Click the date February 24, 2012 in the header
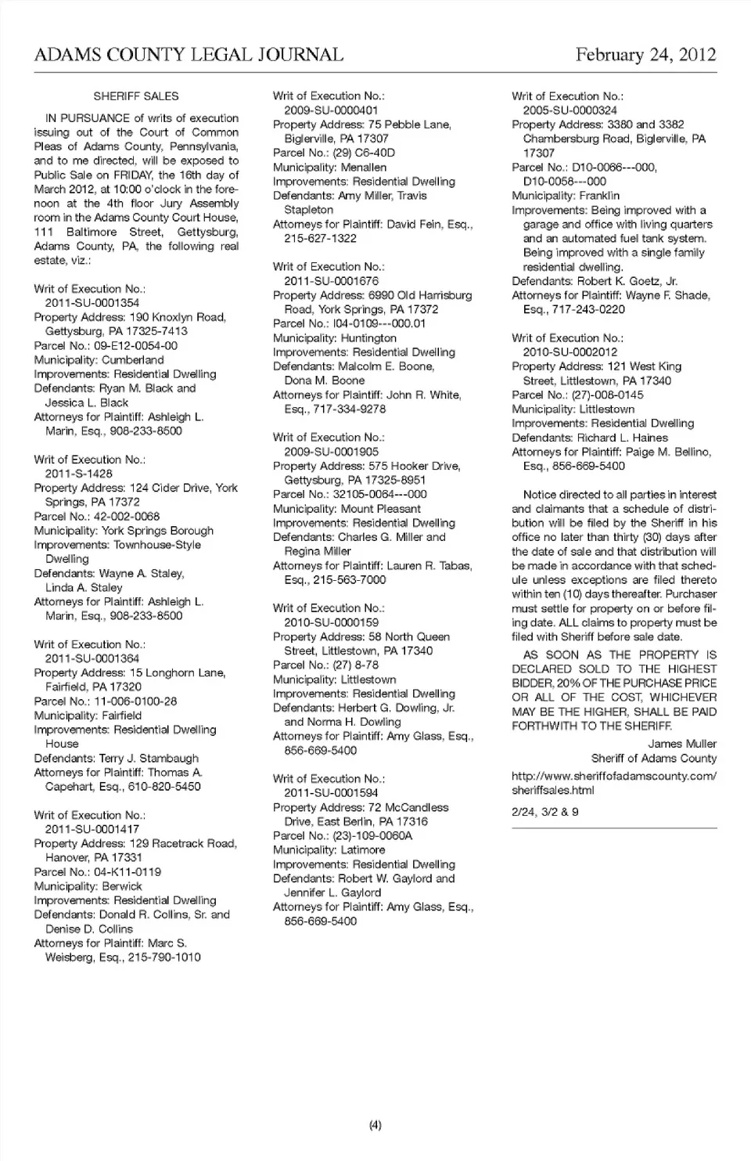click(645, 55)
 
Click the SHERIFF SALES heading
click(136, 96)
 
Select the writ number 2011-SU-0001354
click(92, 303)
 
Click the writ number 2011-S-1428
click(78, 474)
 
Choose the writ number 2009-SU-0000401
click(331, 110)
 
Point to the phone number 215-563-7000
click(350, 580)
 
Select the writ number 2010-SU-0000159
click(331, 622)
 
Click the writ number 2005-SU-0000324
click(570, 110)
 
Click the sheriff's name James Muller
click(682, 744)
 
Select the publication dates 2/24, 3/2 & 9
click(545, 812)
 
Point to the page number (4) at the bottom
click(375, 1126)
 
